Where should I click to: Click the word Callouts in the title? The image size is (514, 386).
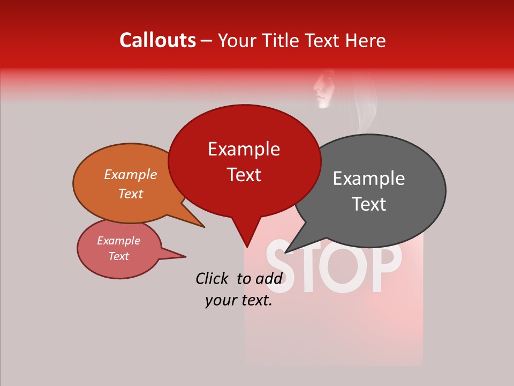157,40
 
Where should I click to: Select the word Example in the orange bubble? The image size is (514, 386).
130,174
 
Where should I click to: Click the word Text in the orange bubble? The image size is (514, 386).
130,194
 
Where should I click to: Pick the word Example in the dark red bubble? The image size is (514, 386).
244,149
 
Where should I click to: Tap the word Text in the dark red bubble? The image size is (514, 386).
244,175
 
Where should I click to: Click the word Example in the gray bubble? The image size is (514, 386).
368,179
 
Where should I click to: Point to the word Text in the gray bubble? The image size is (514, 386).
369,204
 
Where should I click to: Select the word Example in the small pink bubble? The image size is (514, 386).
118,241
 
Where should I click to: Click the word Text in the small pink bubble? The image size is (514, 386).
118,256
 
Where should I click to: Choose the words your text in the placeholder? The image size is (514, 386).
239,301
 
